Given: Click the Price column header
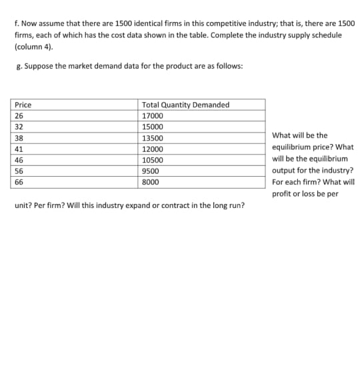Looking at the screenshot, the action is pos(23,105).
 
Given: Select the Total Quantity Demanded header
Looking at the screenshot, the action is pos(185,105).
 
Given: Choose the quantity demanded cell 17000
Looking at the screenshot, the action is pos(152,115).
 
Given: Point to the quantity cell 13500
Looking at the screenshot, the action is pos(152,138).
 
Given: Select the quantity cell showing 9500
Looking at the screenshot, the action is pos(151,171).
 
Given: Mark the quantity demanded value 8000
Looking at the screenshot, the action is pos(151,182).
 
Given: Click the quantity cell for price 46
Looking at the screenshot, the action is pos(152,160).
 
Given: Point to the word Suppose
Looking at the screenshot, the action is pos(35,67).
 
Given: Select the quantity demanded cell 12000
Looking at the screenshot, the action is pos(152,149).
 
